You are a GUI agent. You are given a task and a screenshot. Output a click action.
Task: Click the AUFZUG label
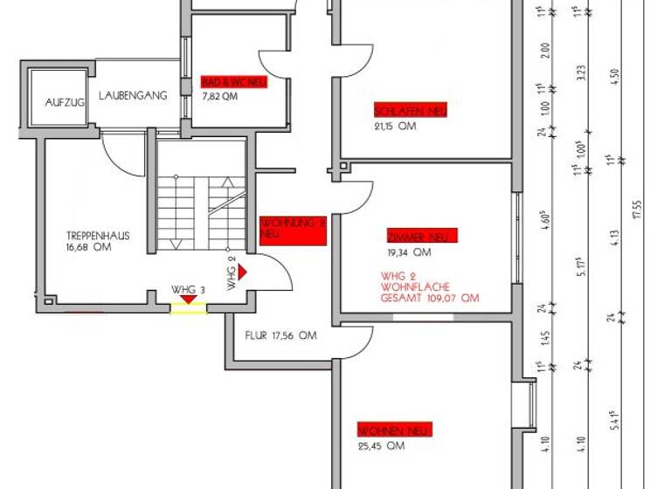(x=65, y=102)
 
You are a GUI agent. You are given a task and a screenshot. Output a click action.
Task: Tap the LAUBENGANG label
(x=133, y=96)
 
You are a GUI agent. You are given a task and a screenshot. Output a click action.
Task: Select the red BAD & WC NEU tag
(x=233, y=82)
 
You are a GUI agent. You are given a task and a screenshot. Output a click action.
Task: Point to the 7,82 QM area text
(x=219, y=97)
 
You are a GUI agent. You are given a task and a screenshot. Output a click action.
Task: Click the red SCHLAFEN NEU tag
(x=411, y=111)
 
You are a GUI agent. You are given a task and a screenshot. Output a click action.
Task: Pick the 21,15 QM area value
(x=395, y=127)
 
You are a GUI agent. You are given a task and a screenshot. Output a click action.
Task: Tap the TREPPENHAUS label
(x=97, y=236)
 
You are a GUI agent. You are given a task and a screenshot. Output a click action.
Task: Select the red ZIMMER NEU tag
(x=421, y=237)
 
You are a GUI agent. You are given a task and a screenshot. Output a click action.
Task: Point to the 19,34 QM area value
(x=409, y=253)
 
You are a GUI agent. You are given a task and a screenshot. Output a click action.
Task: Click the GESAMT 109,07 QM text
(x=429, y=298)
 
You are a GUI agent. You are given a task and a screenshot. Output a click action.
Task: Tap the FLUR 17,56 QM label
(x=280, y=335)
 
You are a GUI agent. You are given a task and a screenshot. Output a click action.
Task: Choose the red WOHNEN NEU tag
(x=395, y=430)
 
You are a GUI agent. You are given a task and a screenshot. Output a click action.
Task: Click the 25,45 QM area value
(x=382, y=446)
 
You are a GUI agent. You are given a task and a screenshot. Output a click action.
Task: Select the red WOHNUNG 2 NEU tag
(x=294, y=228)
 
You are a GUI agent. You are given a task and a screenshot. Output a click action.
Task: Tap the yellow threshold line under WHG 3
(x=188, y=310)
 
